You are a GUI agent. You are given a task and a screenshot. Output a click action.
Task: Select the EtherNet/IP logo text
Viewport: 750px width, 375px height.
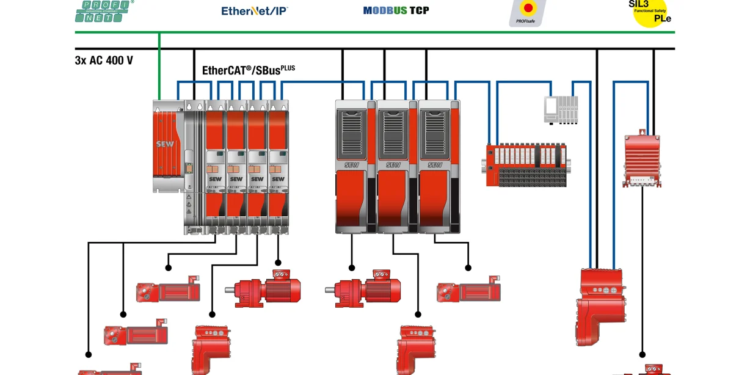click(x=254, y=10)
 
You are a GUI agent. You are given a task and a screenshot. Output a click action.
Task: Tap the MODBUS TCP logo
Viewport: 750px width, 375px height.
click(x=396, y=10)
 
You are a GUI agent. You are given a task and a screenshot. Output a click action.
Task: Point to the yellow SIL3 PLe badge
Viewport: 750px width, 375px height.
click(x=650, y=11)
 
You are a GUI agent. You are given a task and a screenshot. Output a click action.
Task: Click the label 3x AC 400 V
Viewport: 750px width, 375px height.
click(x=104, y=60)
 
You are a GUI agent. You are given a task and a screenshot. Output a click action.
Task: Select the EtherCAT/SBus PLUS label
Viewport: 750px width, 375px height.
click(x=248, y=70)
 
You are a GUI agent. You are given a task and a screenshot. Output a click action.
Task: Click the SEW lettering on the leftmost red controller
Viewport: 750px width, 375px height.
click(x=165, y=144)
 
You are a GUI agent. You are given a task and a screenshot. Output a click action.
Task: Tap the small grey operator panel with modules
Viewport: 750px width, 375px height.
click(x=561, y=109)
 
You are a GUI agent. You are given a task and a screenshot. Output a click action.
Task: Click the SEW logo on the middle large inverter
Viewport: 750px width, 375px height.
click(x=393, y=165)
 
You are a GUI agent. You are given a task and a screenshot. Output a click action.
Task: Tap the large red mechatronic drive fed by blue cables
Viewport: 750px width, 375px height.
click(x=600, y=302)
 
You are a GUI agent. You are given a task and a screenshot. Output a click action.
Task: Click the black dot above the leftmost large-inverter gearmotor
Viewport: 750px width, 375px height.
click(x=352, y=267)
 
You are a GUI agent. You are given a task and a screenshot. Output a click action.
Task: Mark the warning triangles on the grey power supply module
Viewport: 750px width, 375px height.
click(x=189, y=202)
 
